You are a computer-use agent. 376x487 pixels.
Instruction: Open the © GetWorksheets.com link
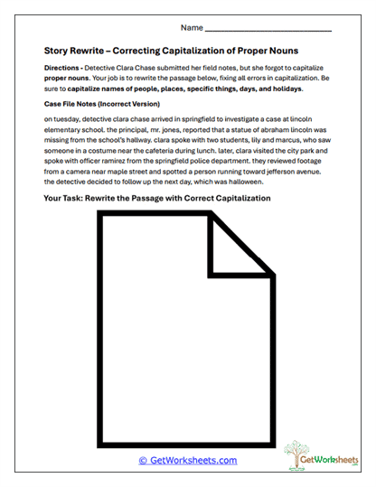point(187,460)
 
